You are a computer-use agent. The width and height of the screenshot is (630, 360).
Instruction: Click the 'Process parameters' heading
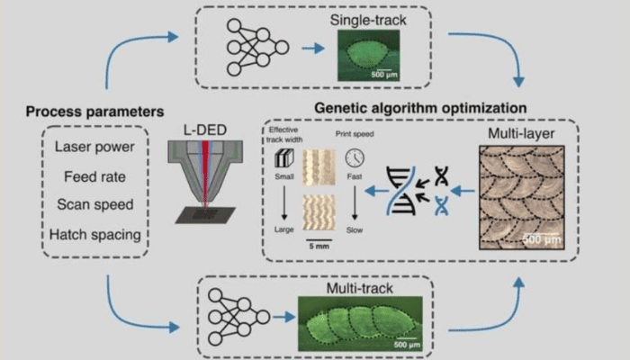[x=94, y=112]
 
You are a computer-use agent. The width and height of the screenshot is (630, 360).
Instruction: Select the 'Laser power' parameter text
[x=94, y=147]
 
